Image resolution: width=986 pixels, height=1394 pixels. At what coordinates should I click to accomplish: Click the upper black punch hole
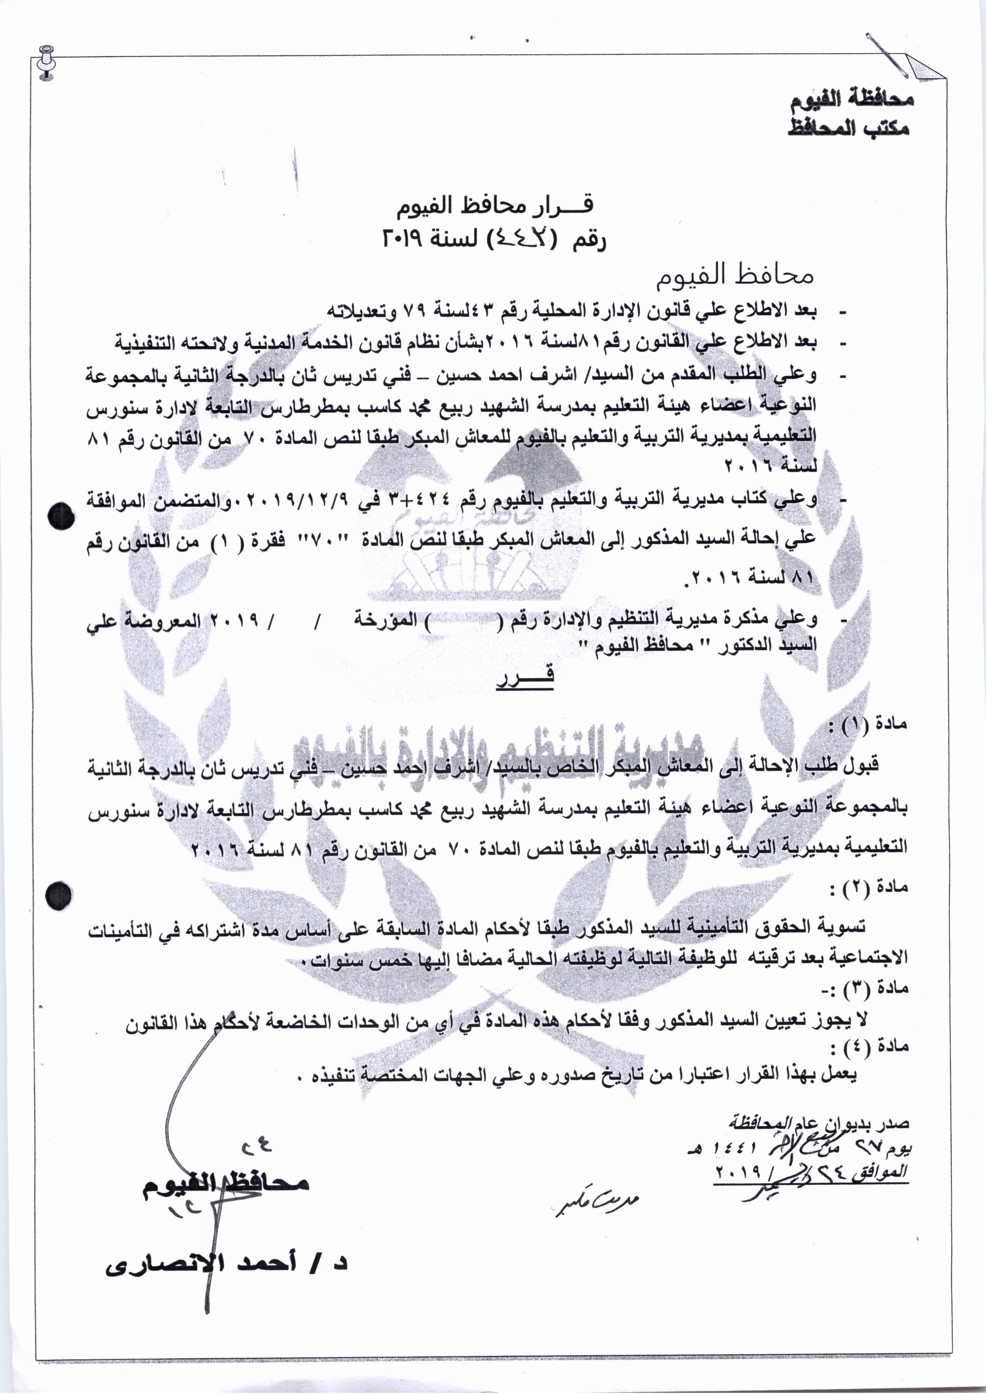click(62, 518)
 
